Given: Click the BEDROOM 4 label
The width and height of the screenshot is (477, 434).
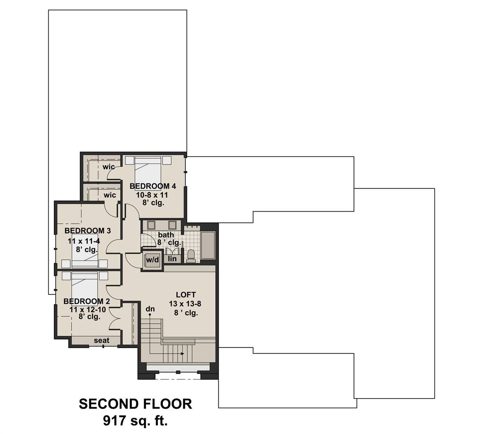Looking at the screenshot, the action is [152, 186].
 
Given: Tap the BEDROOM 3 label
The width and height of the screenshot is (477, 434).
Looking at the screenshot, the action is [88, 231].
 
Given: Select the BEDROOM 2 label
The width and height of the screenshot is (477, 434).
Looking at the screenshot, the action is [87, 301].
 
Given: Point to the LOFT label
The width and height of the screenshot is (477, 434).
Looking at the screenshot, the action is [186, 295].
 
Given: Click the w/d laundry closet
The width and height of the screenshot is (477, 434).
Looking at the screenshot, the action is [152, 260].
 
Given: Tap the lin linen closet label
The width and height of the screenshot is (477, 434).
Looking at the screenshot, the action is [172, 259].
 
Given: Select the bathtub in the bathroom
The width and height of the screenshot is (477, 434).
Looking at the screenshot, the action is [208, 245].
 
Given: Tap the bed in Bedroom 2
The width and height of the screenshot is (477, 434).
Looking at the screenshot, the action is [84, 285].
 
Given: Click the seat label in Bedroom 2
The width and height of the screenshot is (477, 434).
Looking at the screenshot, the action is [101, 340].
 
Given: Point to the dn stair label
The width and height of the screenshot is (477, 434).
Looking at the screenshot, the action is [150, 309].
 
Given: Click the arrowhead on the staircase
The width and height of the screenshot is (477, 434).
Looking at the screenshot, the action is [183, 354].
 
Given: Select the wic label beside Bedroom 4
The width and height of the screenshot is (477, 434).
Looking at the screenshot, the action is [109, 167].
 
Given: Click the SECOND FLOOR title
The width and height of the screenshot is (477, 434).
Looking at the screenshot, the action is [135, 404].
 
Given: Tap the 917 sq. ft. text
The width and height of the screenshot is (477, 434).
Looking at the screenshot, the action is [135, 421].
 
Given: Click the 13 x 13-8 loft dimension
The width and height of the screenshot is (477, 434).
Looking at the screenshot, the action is [185, 304].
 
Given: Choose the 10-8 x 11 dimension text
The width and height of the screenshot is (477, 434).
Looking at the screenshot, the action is [152, 195].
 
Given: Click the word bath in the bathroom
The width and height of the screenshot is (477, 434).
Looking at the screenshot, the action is [166, 235].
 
